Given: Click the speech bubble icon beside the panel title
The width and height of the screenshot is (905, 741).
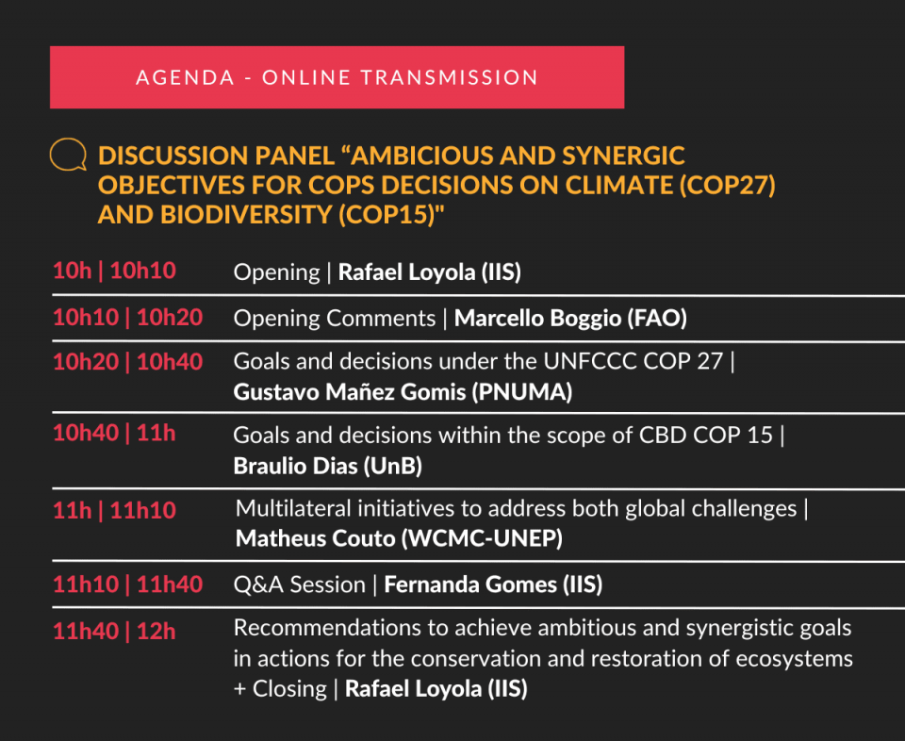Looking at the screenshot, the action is [x=68, y=154].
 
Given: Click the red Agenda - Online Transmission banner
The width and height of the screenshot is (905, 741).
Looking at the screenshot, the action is [x=337, y=77].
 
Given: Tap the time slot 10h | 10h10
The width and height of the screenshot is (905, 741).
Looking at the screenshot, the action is [x=114, y=271].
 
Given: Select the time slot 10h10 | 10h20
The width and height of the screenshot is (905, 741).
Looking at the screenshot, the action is [x=127, y=318].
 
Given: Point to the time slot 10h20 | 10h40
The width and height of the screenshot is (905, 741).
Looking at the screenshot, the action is [x=127, y=362].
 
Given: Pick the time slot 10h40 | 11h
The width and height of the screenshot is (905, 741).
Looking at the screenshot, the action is [x=114, y=433].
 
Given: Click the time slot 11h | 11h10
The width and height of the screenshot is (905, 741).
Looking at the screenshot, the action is [x=114, y=510].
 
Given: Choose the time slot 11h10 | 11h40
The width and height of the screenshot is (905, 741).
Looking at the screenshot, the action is [x=127, y=585].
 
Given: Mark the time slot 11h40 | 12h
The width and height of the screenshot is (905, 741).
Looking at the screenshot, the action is [x=114, y=632].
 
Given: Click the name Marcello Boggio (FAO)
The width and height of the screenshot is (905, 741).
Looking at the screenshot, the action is [x=570, y=318].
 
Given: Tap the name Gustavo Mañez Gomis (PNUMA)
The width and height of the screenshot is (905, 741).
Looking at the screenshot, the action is [x=403, y=392].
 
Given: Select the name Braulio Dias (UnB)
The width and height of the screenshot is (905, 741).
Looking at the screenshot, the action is [x=328, y=466].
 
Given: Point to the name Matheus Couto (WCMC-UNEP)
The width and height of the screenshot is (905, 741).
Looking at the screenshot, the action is [x=399, y=538].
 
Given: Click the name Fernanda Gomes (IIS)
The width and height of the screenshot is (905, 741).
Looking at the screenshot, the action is [x=493, y=585].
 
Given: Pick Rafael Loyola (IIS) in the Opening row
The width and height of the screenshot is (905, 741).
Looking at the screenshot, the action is [x=430, y=272].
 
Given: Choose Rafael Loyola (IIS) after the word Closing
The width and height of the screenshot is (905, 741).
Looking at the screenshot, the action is [x=436, y=688].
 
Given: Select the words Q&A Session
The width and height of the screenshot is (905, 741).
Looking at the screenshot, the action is [x=300, y=585].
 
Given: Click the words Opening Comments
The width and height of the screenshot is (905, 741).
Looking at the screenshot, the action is [x=335, y=319].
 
